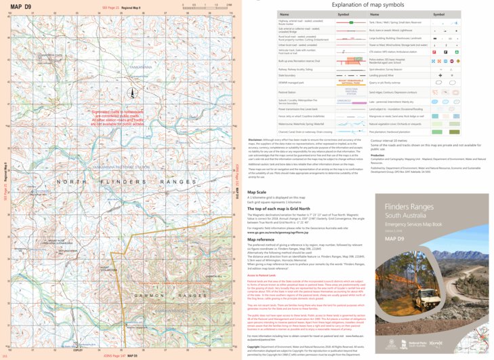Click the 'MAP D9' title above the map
[x=22, y=6]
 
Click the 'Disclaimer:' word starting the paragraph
[x=255, y=140]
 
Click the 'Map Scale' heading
[x=256, y=192]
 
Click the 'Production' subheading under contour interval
[x=377, y=155]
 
